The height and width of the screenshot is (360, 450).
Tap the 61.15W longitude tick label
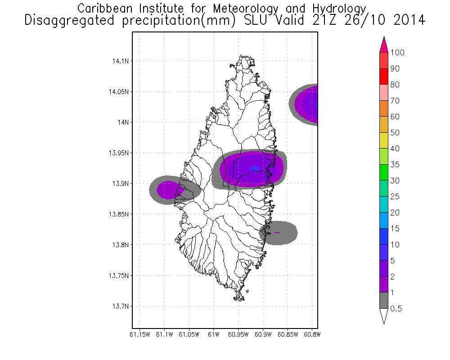coord(139,334)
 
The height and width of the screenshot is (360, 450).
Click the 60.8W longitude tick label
coord(311,334)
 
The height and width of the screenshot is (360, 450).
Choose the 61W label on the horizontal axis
coord(213,334)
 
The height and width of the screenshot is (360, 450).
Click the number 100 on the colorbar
coord(397,53)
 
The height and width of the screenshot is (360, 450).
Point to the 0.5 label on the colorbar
coord(396,309)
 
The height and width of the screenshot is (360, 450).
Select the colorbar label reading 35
coord(395,165)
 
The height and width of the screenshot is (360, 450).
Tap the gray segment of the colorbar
coord(384,301)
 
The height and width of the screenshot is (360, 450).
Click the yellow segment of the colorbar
coord(384,140)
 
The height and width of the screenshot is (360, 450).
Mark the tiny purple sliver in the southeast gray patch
coord(277,233)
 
